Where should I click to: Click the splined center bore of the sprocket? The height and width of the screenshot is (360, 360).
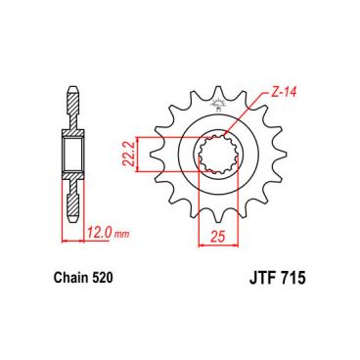click(x=218, y=153)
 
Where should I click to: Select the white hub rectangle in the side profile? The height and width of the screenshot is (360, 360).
click(x=74, y=154)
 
